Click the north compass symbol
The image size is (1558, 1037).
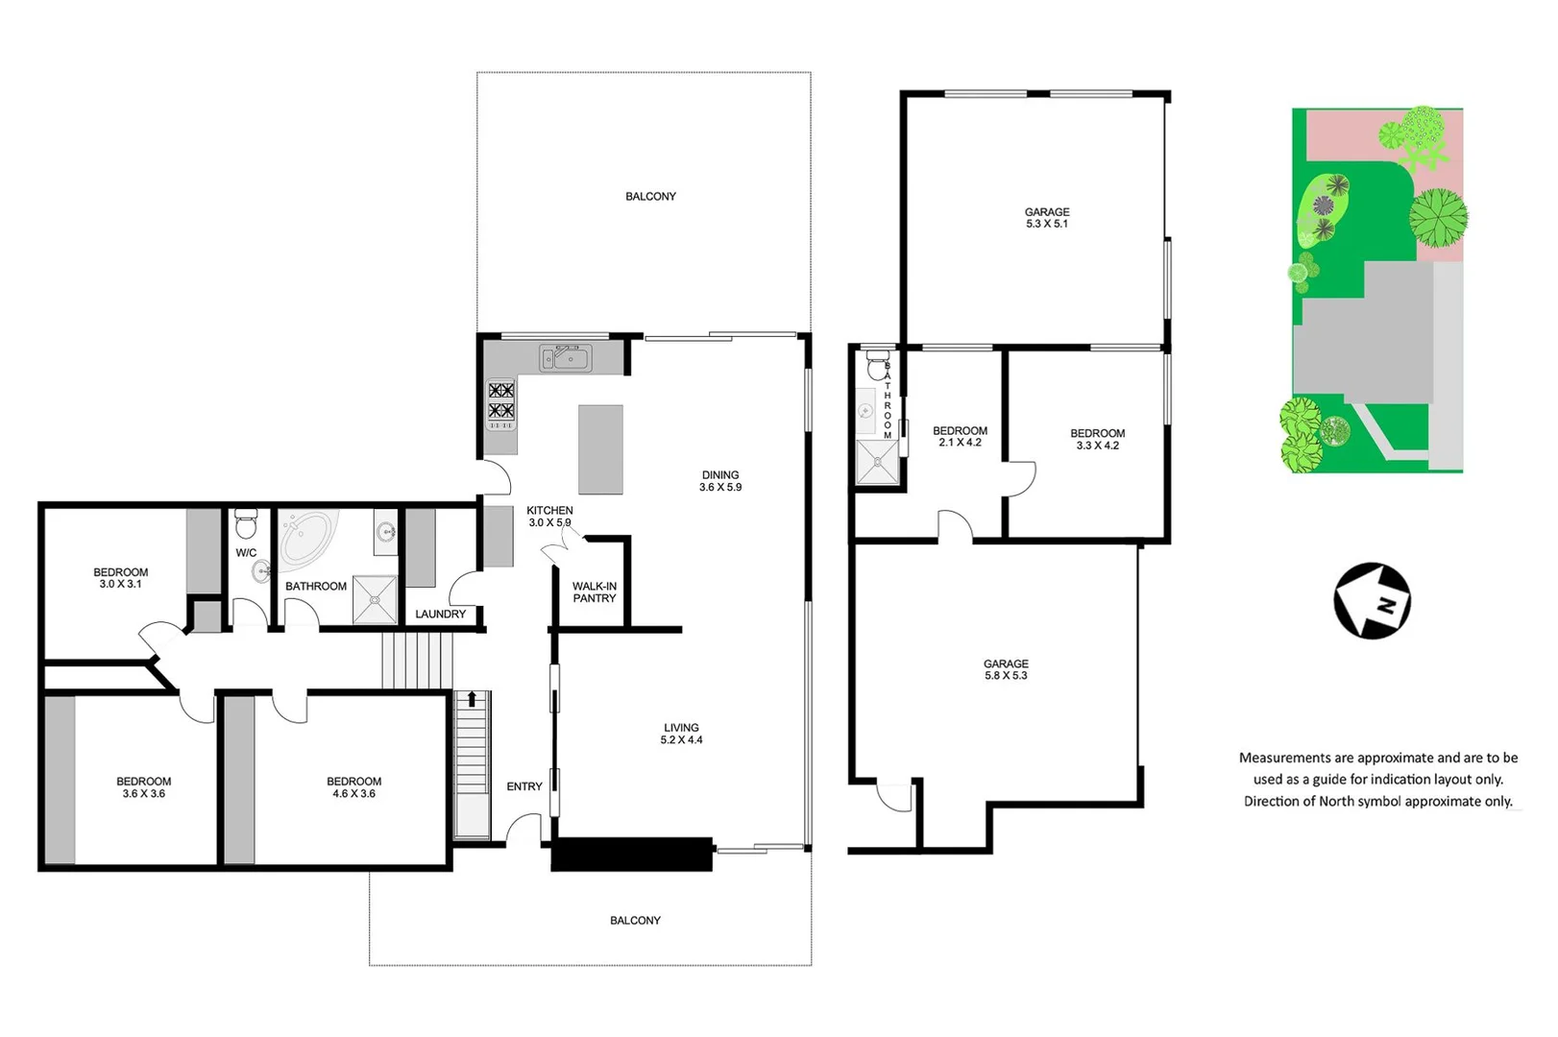(1372, 601)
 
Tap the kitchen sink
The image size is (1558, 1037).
(565, 358)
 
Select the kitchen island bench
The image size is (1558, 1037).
(600, 449)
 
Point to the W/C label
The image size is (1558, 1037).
(246, 553)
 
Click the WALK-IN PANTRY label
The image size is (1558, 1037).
(595, 592)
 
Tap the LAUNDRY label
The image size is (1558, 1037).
(440, 615)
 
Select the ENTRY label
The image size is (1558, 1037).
(524, 786)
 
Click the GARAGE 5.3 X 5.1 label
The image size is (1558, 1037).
(1047, 218)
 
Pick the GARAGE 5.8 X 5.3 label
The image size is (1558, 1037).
(1006, 670)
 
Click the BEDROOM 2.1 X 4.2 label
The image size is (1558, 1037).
(960, 437)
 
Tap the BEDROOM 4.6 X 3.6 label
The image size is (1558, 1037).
(353, 787)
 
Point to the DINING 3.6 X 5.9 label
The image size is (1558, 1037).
(720, 481)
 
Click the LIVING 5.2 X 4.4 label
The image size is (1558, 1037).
(681, 734)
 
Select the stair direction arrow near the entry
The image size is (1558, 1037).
(472, 699)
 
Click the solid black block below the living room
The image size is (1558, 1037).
(631, 855)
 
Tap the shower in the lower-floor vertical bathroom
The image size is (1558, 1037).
(877, 462)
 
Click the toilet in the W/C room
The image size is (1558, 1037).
(246, 525)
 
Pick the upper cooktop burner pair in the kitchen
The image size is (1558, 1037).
(500, 391)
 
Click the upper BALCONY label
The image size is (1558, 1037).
(650, 197)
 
